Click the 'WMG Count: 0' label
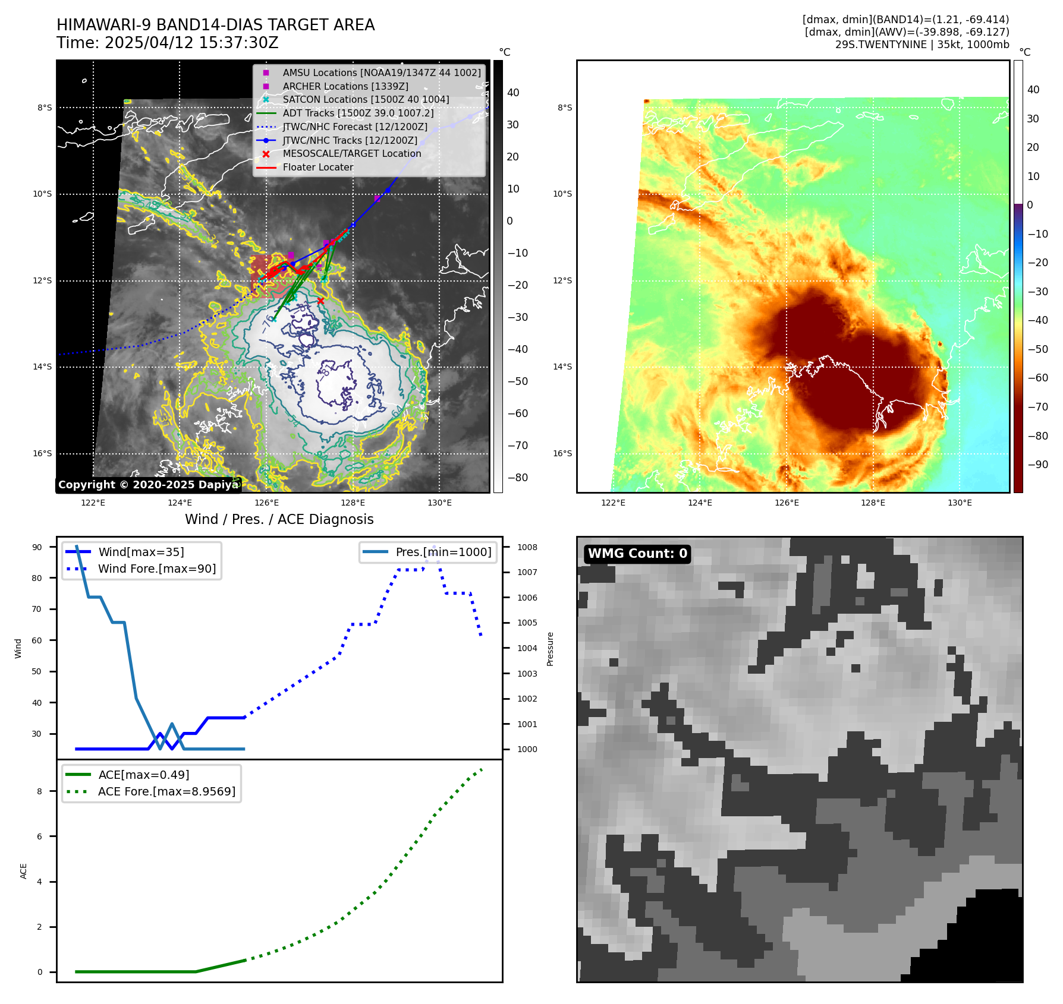coord(637,554)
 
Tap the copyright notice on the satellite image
coord(148,485)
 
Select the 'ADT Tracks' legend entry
coord(358,113)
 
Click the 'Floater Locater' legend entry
coord(317,167)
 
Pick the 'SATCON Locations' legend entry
coord(366,99)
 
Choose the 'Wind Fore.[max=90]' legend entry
coord(157,569)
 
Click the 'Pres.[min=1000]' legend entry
coord(444,552)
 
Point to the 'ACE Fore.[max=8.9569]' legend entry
coord(166,791)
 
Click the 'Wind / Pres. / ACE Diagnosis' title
coord(279,519)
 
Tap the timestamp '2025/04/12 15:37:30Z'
coord(191,43)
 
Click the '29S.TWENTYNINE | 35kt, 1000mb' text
coord(922,45)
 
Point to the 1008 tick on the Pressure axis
coord(527,547)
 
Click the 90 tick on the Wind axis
coord(37,547)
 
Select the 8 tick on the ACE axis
coord(40,791)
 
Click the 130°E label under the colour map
coord(960,503)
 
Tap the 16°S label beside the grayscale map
coord(42,453)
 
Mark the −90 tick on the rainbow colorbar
coord(1038,465)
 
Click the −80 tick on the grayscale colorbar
coord(517,478)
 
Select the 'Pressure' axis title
coord(550,649)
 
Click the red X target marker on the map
coord(320,301)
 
